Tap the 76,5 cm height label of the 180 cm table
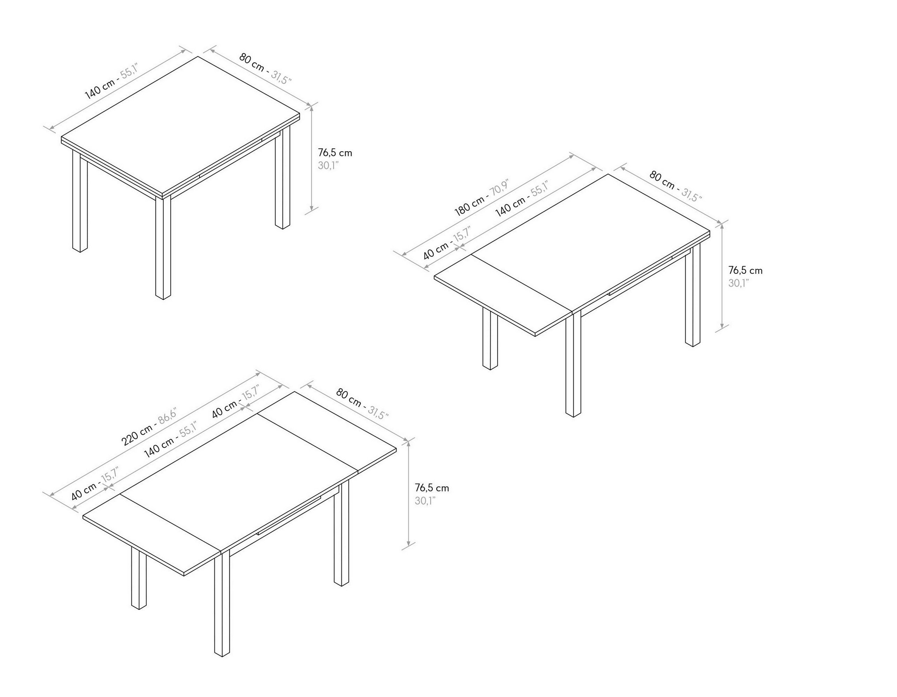click(x=745, y=270)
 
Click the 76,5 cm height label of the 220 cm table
click(x=432, y=488)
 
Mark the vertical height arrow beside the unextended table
click(x=312, y=158)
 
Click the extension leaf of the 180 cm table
click(x=503, y=294)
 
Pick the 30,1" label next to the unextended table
click(x=328, y=166)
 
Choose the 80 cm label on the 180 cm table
click(x=662, y=181)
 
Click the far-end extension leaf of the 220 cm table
click(x=326, y=429)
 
